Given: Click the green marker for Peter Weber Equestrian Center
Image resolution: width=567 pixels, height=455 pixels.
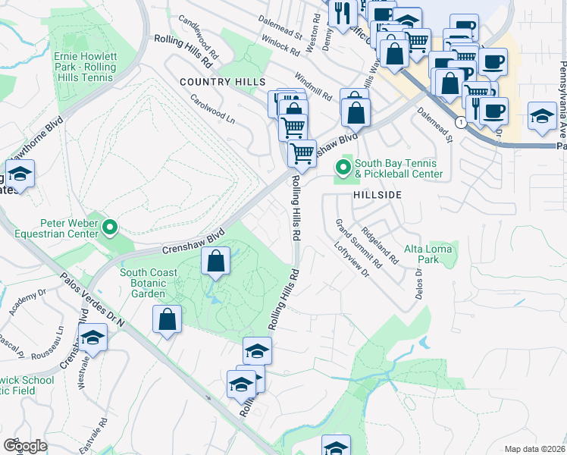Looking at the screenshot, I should (x=110, y=226).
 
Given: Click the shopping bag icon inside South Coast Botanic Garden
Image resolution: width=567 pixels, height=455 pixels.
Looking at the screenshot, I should (x=216, y=261).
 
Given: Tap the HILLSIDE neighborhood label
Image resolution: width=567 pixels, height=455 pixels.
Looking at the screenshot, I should (x=375, y=195).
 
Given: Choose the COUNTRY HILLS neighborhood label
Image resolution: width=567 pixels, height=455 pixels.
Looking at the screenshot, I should (x=222, y=81).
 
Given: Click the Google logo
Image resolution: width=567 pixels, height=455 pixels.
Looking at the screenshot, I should (x=26, y=445).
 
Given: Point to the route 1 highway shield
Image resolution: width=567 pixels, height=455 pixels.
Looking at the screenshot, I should (x=460, y=121).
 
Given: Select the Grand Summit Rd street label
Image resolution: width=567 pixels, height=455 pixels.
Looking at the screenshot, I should (x=357, y=243).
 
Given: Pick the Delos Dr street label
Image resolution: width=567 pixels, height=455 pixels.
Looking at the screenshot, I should (x=418, y=283).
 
